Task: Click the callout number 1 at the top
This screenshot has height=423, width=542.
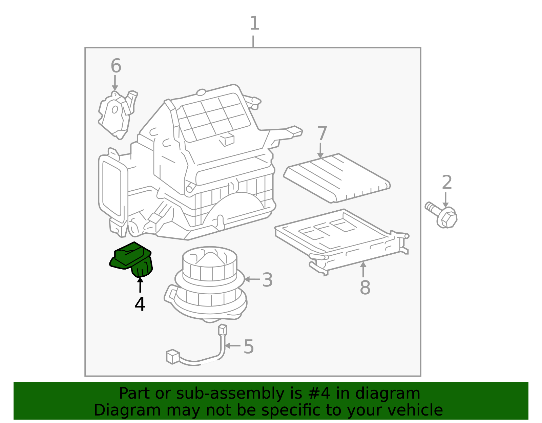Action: (255, 23)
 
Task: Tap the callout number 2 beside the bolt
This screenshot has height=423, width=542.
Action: (447, 182)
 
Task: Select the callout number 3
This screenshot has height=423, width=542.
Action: (267, 280)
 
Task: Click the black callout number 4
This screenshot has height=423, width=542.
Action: (140, 304)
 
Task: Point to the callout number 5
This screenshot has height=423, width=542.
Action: (249, 347)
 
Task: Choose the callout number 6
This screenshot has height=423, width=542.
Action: (116, 66)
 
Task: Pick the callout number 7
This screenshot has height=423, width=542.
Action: (322, 133)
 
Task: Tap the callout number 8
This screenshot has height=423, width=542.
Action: (365, 288)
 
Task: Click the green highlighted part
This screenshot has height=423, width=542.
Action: (131, 259)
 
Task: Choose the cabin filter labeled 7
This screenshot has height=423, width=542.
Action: (337, 178)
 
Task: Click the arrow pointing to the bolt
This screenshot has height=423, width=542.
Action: (445, 200)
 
